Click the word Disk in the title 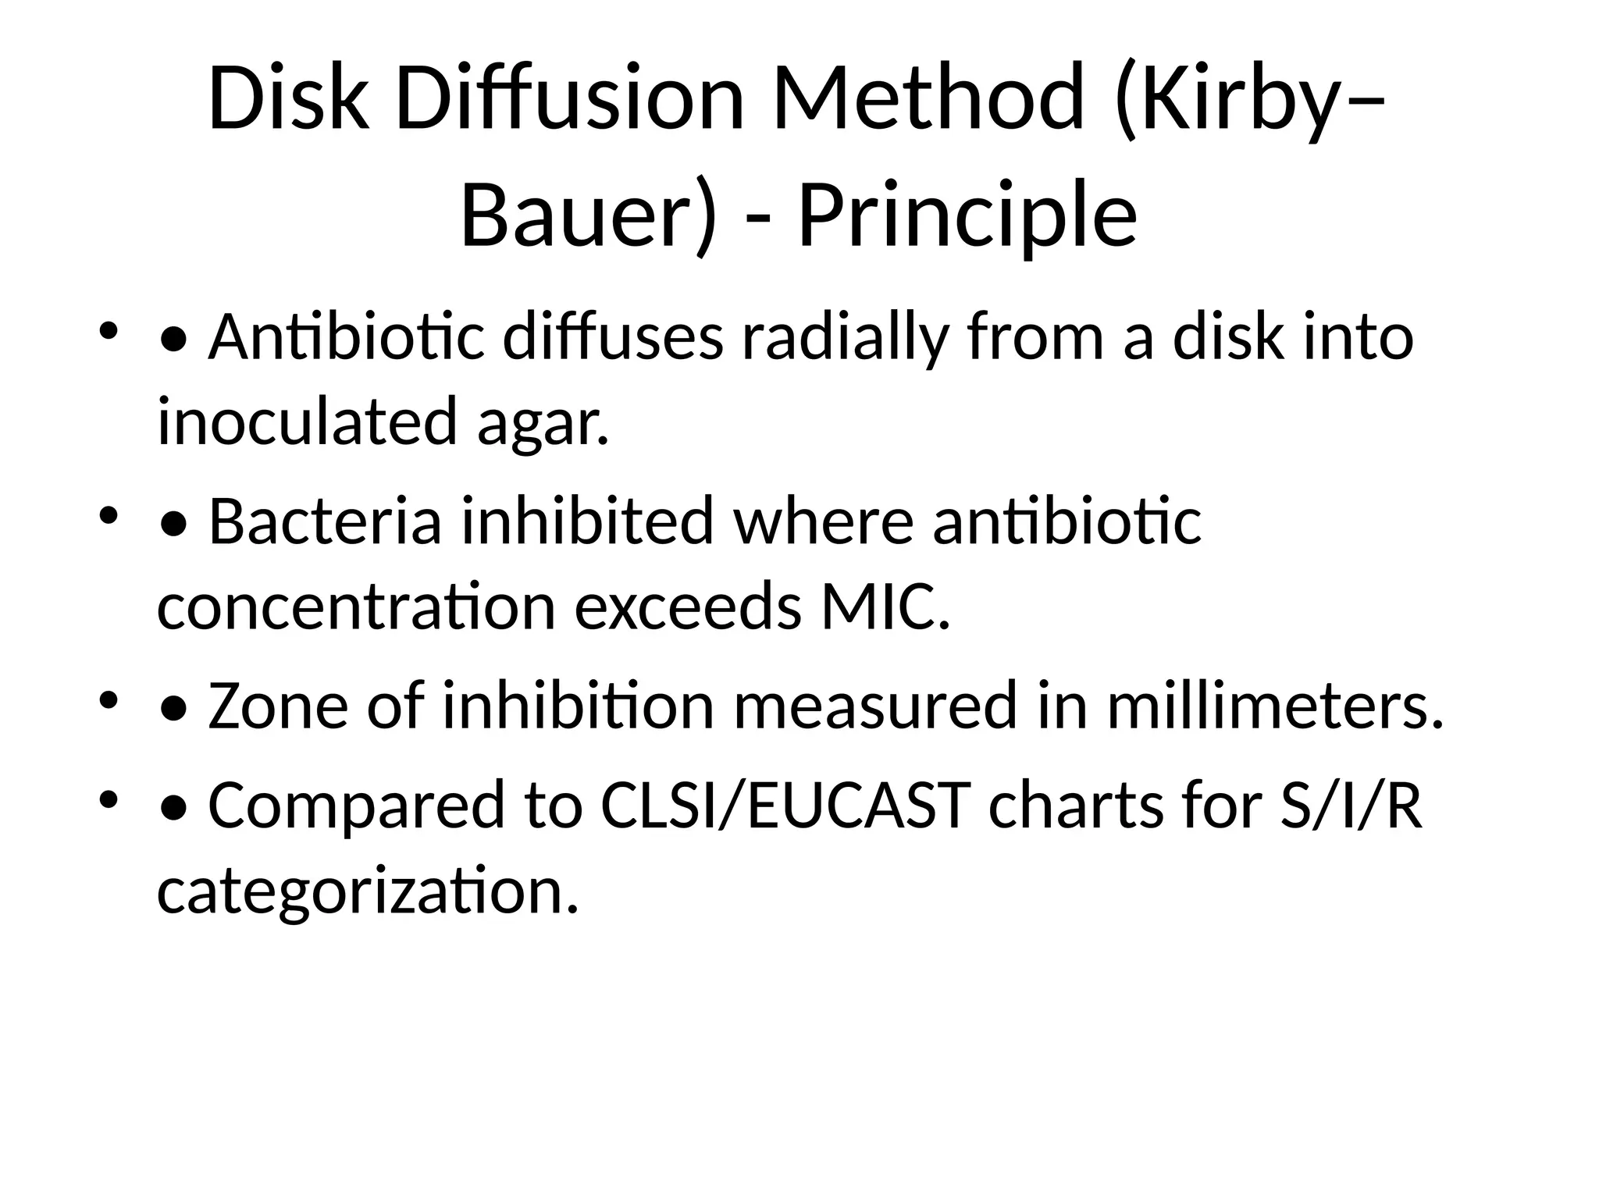click(x=288, y=99)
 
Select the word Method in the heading click(x=928, y=99)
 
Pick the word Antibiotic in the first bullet click(x=347, y=337)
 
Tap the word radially click(x=844, y=337)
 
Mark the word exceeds click(x=687, y=606)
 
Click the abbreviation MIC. click(x=885, y=606)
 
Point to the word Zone click(x=278, y=706)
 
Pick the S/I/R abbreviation click(x=1351, y=806)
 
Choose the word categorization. click(x=368, y=891)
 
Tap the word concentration click(x=356, y=606)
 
